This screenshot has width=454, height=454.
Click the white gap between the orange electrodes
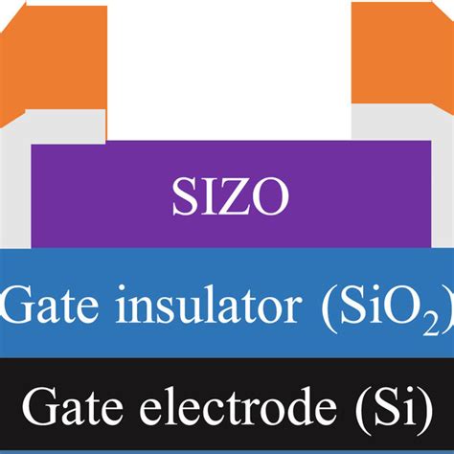point(230,67)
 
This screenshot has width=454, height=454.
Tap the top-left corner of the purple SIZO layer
point(33,145)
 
